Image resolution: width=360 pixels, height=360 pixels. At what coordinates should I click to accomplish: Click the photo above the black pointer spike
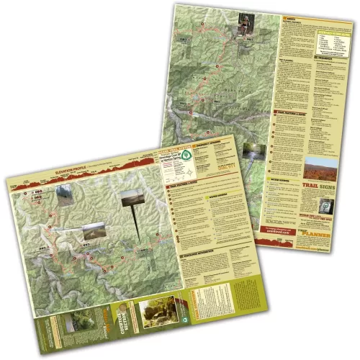coord(132,197)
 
